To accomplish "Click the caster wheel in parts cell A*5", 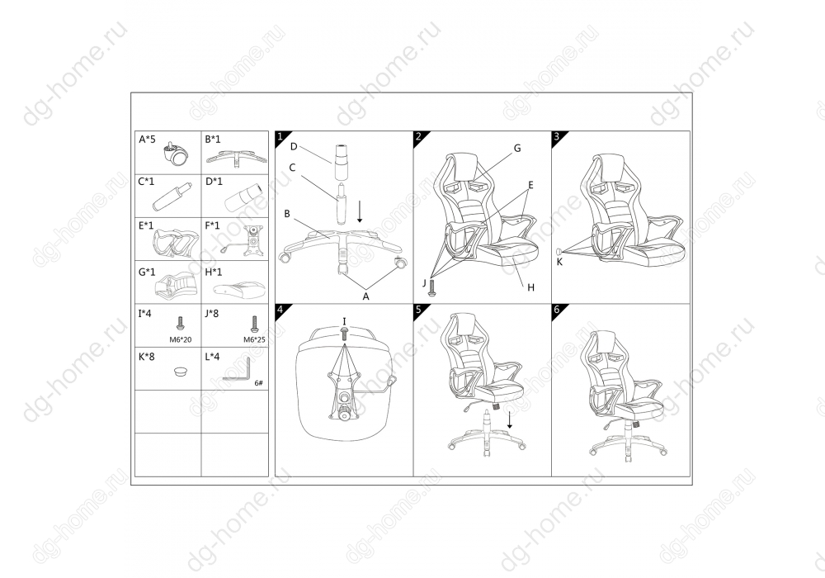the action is click(176, 154).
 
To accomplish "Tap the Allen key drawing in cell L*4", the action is click(238, 371).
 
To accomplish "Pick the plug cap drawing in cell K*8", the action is click(181, 372).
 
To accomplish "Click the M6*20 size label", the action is click(181, 339).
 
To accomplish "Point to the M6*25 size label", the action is click(254, 339).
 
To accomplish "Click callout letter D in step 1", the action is click(295, 146).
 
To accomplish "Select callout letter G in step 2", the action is click(517, 149).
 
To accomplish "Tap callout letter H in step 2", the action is click(530, 287).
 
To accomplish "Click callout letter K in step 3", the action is click(559, 262).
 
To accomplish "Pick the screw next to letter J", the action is click(432, 287).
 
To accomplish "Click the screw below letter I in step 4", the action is click(344, 334).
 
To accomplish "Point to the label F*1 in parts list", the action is click(213, 225).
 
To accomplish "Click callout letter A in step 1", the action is click(366, 296).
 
